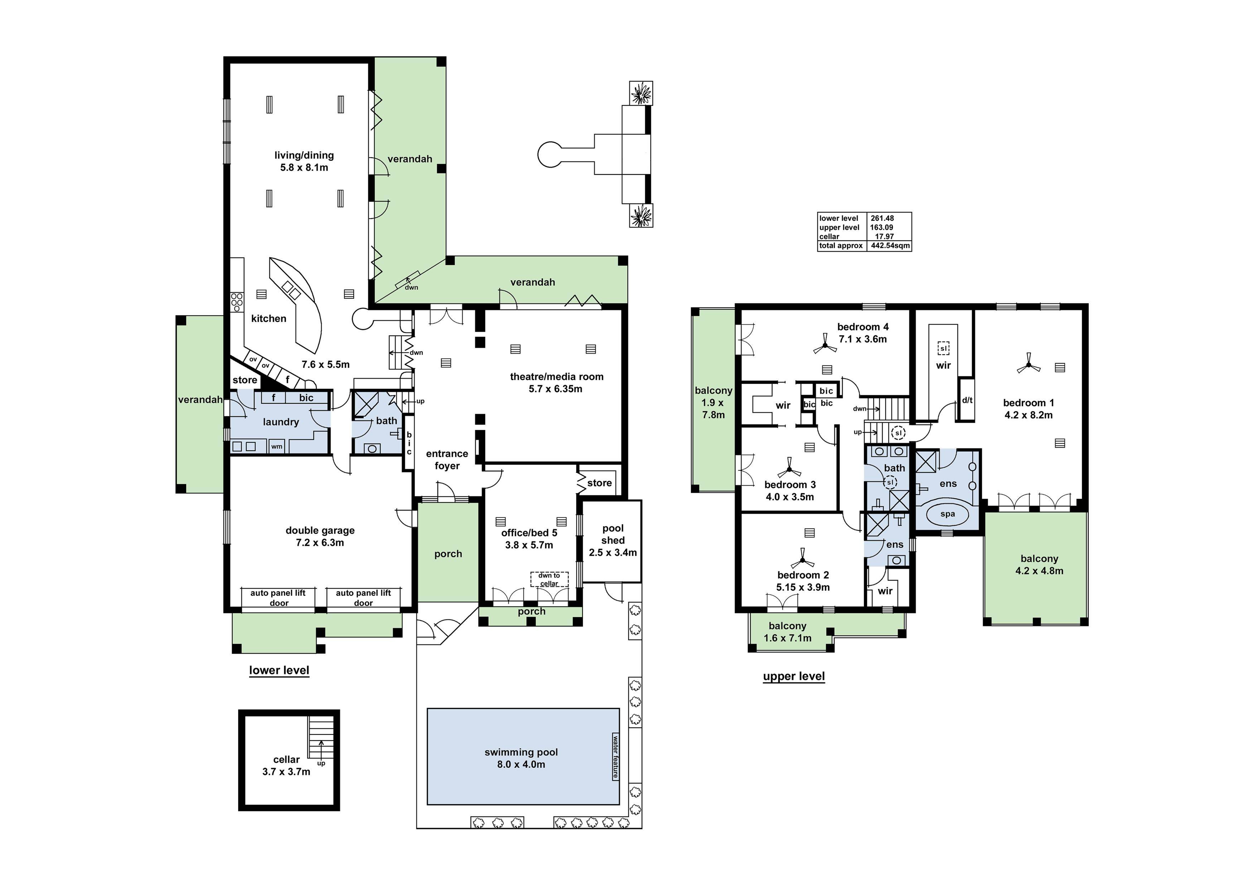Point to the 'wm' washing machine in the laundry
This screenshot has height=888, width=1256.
point(277,446)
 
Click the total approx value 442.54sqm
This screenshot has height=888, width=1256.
point(890,246)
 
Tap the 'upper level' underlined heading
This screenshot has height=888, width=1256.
point(794,676)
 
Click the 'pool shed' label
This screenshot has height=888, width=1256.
point(613,534)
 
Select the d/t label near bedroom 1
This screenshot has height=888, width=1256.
point(967,400)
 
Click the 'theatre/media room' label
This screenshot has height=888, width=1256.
point(556,376)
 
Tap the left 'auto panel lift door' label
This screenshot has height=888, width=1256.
point(278,597)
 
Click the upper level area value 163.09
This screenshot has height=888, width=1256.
point(882,227)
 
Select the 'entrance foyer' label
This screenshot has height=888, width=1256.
point(447,460)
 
